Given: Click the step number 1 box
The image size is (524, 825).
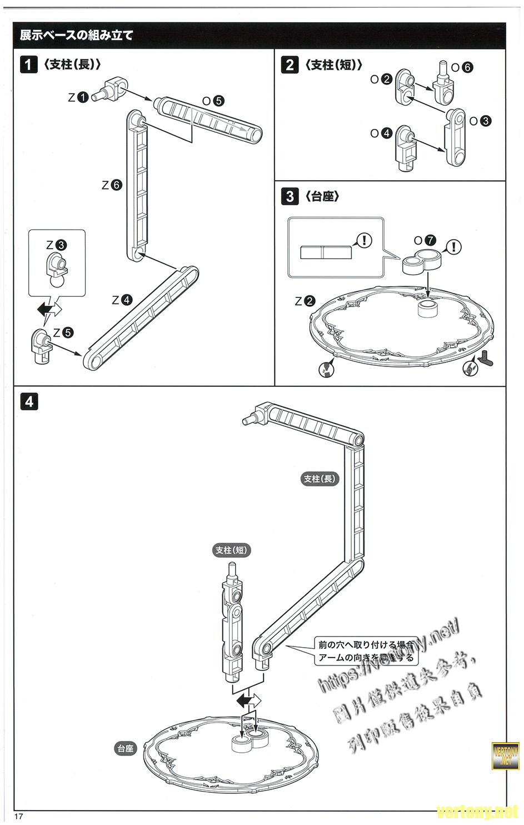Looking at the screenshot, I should pos(28,64).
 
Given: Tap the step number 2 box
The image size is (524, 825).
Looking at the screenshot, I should pos(290,64).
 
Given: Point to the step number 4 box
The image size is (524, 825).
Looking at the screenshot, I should pos(28,401).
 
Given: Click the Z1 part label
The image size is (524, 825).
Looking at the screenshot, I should pos(78,97).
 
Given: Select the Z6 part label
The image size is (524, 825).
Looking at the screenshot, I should pos(112,185).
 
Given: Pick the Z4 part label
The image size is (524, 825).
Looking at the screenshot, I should pos(122,300).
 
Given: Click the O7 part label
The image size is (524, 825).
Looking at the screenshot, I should pos(425,241).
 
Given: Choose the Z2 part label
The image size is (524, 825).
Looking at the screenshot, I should pos(305,301).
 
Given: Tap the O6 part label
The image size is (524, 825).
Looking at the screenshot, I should pos(462,67).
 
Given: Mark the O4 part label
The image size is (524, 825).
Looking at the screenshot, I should pos(382,133).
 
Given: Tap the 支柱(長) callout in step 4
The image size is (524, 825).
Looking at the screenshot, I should pos(320,478).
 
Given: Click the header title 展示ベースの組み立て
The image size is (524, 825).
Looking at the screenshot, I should pos(77,36).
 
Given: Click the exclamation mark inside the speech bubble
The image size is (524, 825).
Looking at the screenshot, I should pos(363,240).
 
